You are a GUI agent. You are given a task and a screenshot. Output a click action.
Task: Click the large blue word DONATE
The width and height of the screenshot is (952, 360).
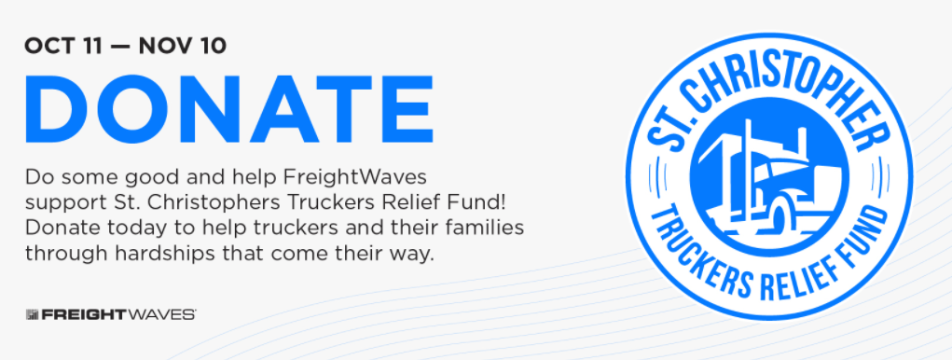228,109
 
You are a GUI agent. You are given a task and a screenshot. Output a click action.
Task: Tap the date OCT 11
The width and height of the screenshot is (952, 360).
63,46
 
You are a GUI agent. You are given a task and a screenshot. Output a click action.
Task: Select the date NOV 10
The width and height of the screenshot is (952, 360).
182,46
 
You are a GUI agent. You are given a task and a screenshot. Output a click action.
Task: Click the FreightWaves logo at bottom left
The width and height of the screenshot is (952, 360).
111,314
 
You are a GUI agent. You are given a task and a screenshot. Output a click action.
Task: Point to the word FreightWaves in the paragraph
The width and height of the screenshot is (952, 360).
356,178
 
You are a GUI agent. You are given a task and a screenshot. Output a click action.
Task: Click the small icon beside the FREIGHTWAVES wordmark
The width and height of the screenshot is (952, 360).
33,314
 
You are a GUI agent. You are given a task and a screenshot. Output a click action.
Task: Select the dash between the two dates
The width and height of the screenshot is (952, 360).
120,47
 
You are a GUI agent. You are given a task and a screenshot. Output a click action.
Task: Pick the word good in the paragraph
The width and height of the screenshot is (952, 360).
141,179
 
